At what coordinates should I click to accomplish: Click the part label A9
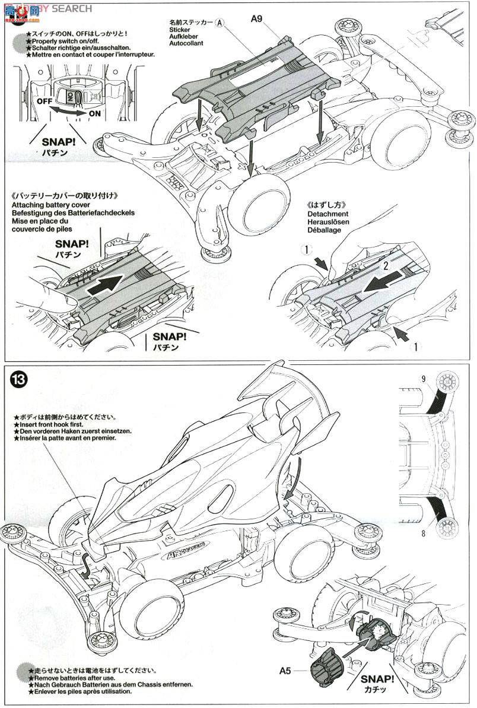[x=256, y=18]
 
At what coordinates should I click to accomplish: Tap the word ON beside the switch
[x=95, y=113]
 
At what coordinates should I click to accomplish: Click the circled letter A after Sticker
[x=220, y=21]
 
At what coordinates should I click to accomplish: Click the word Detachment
[x=327, y=213]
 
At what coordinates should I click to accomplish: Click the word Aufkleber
[x=185, y=36]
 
